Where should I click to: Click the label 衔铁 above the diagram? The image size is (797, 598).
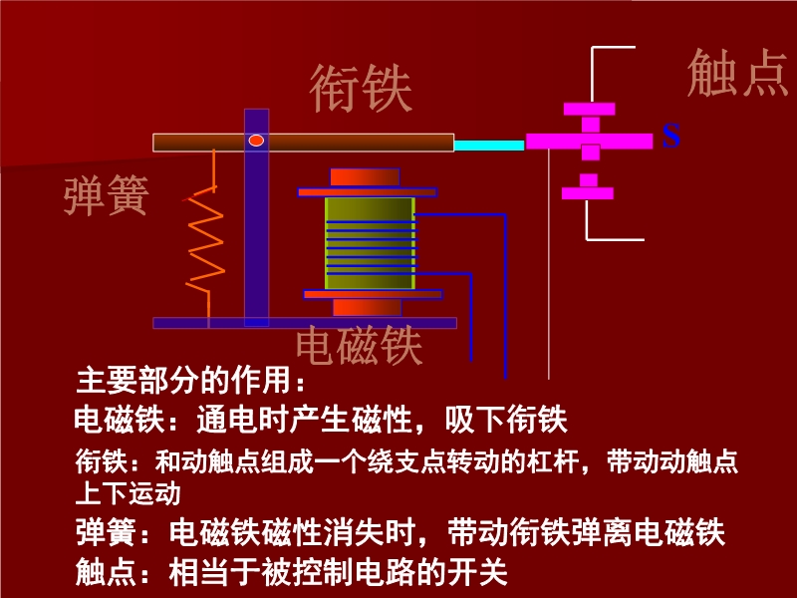[361, 89]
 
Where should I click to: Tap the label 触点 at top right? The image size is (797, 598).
[738, 73]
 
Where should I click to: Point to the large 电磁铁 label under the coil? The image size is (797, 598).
[360, 346]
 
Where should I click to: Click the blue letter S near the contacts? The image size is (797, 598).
[671, 136]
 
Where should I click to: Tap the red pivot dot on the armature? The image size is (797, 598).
[256, 141]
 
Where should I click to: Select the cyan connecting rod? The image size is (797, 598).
[489, 146]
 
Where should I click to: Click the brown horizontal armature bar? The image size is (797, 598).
[349, 143]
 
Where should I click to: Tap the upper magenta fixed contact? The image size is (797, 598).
[590, 109]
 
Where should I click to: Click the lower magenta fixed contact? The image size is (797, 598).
[589, 191]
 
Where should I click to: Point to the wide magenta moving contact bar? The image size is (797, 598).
[589, 142]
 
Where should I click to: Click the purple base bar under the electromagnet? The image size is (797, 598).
[305, 323]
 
